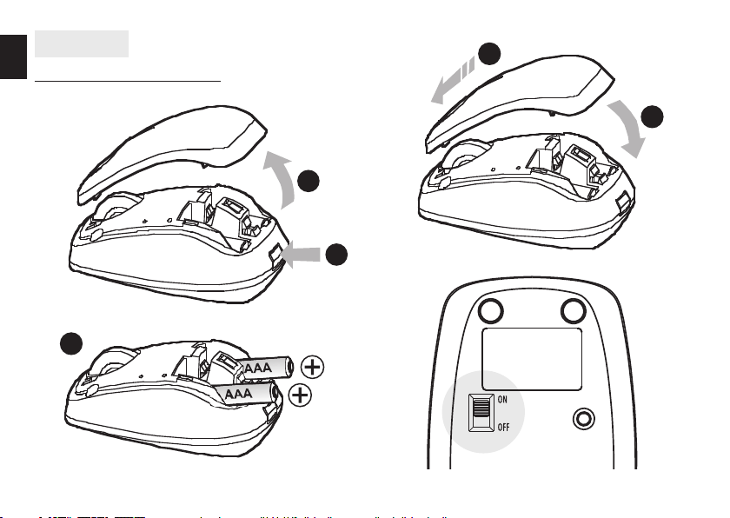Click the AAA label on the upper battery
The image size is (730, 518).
pyautogui.click(x=259, y=369)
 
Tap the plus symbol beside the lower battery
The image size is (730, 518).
pyautogui.click(x=300, y=396)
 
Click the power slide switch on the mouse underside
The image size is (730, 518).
pyautogui.click(x=480, y=411)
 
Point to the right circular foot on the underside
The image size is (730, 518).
pyautogui.click(x=574, y=310)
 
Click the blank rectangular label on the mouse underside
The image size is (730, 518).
pyautogui.click(x=532, y=358)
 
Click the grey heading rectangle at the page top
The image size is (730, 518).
pyautogui.click(x=81, y=43)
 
